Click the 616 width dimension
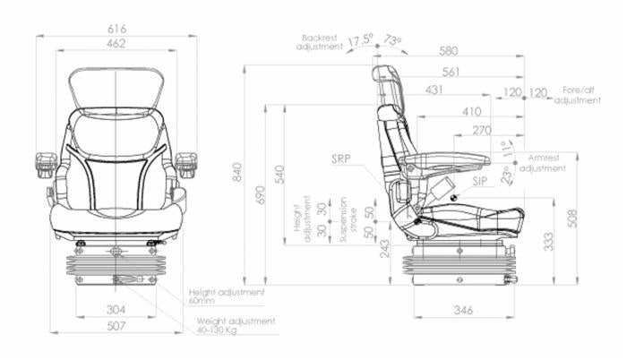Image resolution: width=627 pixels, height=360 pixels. pos(116,29)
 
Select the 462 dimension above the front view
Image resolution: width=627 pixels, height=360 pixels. pos(116,43)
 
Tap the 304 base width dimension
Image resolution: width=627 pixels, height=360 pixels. pos(116,309)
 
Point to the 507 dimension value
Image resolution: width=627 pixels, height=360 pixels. pos(116,326)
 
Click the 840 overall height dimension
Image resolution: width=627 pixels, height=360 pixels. pos(237,173)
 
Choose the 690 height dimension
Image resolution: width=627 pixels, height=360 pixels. pos(261,195)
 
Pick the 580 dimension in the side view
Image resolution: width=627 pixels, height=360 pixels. pos(448,51)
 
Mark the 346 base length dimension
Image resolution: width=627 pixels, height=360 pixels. pos(463,310)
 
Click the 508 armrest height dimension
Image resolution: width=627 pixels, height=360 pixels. pos(573,219)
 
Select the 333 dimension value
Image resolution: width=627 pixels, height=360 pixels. pos(548,242)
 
